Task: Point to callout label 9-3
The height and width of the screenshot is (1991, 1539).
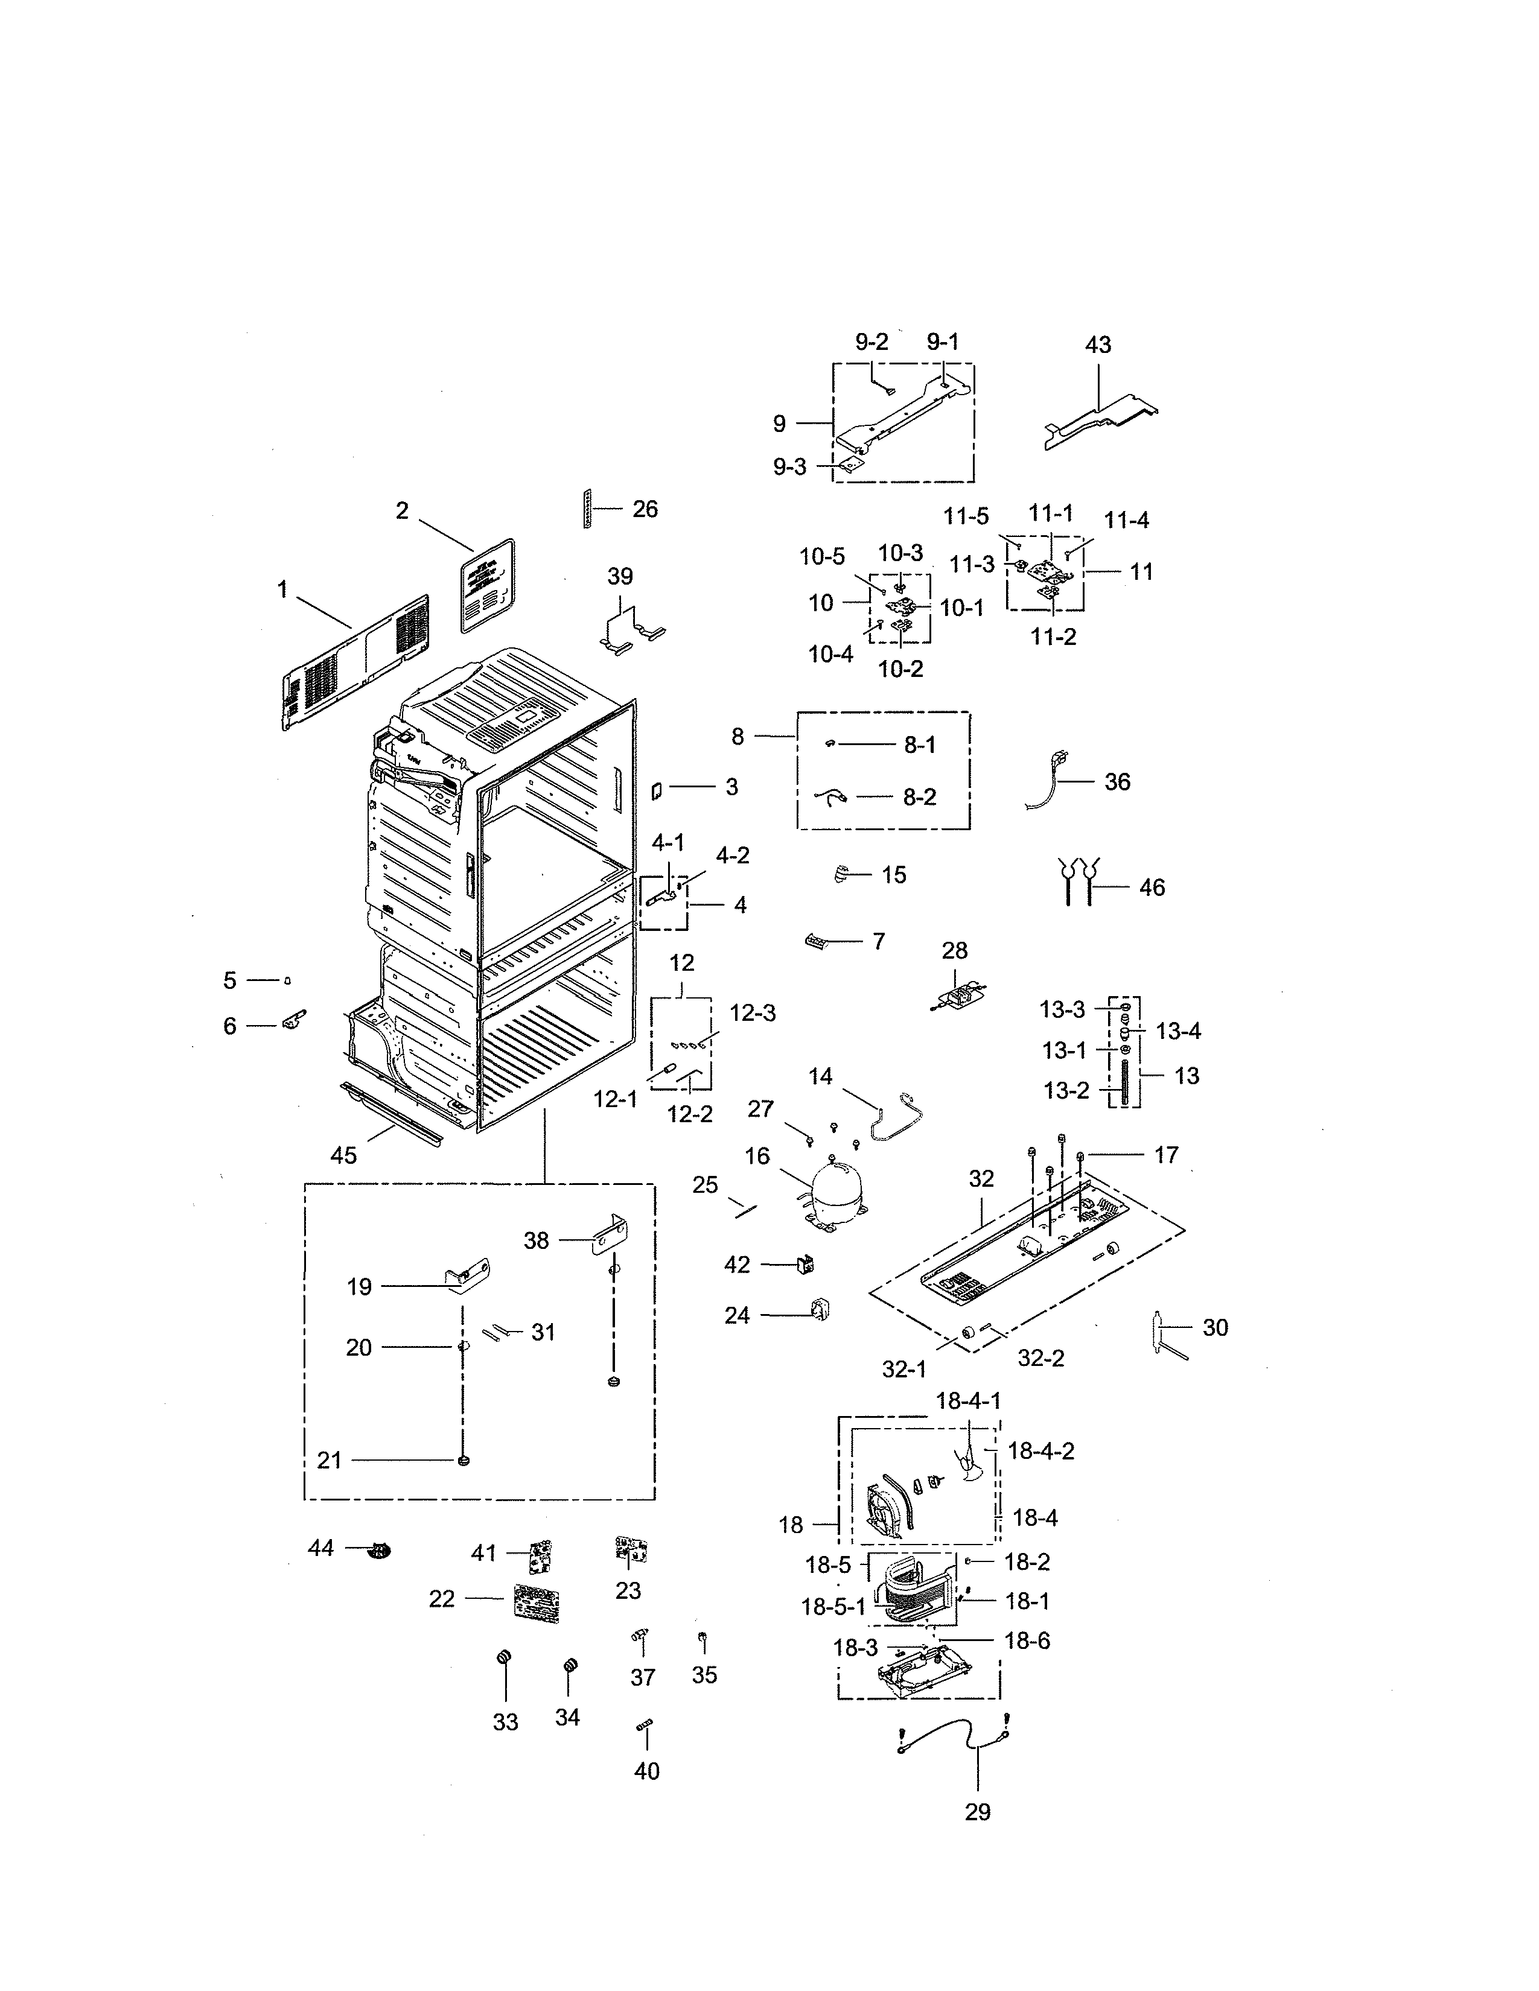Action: point(789,467)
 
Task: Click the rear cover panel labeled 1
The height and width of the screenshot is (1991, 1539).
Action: point(355,662)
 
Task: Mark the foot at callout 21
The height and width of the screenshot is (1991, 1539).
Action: point(464,1461)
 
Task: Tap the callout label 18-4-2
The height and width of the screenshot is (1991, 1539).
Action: point(1040,1450)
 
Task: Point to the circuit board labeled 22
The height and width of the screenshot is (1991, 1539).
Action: point(536,1602)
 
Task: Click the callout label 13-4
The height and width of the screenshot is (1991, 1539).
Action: point(1178,1031)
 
